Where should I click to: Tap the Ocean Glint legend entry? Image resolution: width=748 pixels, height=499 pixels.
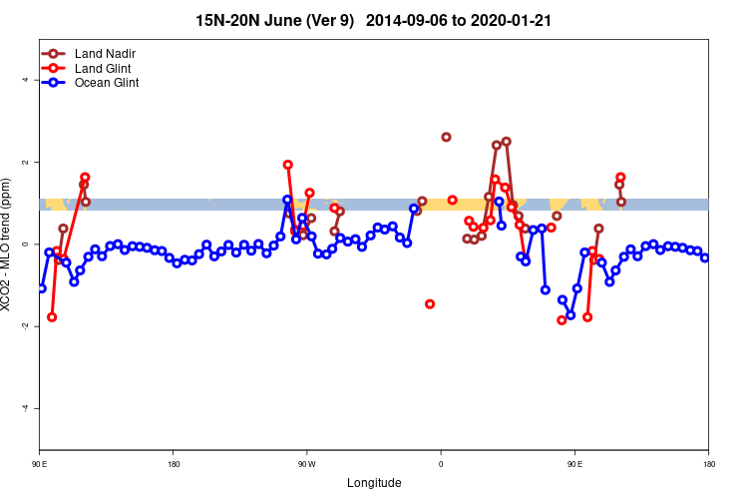click(x=107, y=83)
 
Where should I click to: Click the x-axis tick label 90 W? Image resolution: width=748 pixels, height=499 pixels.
click(x=306, y=464)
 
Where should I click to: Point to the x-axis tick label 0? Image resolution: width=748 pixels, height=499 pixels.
click(x=440, y=464)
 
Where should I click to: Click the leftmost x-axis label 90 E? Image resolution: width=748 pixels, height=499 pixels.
click(x=40, y=464)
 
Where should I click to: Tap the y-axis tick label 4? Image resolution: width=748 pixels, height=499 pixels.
click(x=26, y=80)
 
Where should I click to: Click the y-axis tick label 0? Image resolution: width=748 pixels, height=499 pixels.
click(x=26, y=245)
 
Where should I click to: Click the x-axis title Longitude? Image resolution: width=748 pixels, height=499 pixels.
click(x=374, y=483)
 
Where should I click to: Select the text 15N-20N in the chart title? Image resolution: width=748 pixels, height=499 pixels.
click(x=227, y=20)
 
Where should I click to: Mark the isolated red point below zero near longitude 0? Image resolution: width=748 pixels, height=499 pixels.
click(x=430, y=303)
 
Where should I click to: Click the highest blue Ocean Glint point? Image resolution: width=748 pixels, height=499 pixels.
click(x=287, y=200)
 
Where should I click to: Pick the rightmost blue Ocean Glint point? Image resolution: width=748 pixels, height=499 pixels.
click(x=705, y=257)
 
